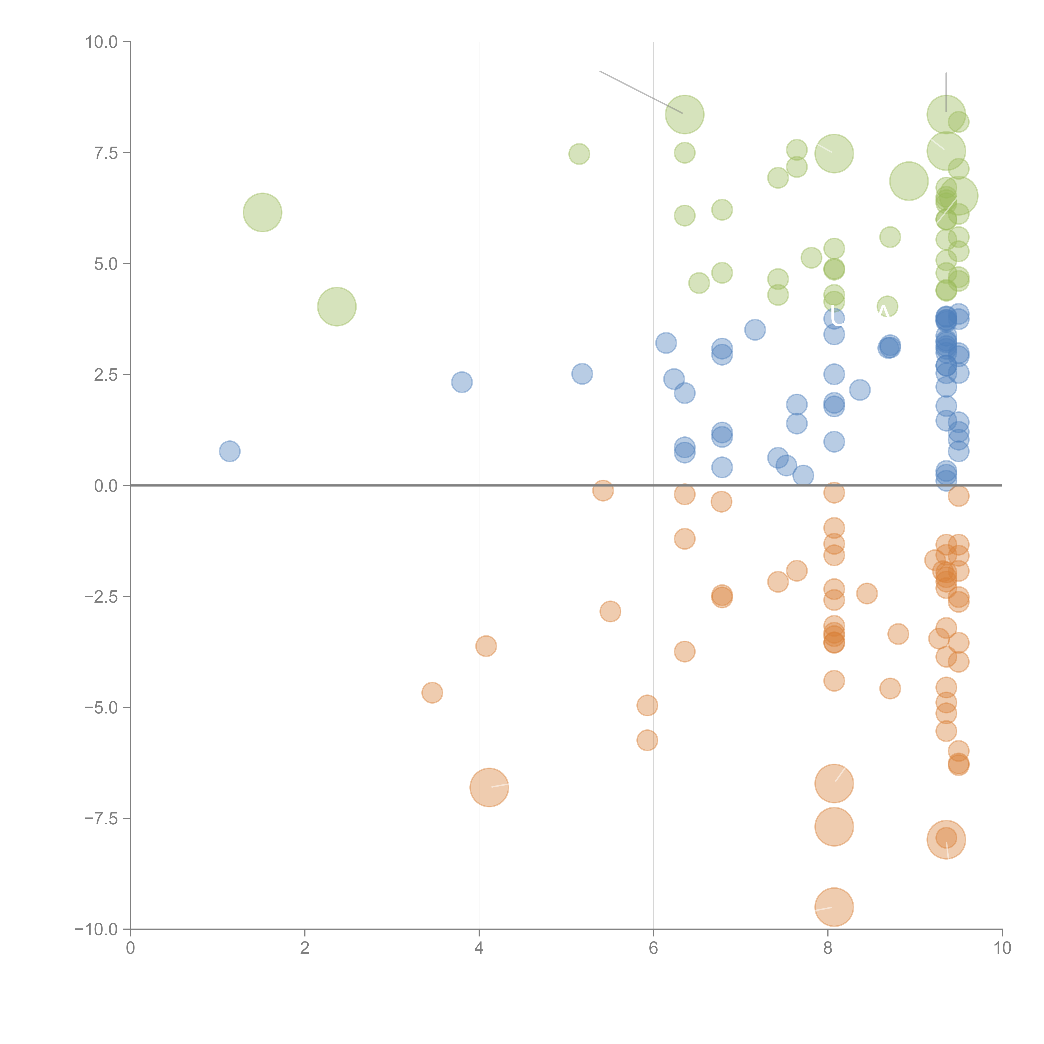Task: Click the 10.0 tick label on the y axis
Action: click(x=102, y=42)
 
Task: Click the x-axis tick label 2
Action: click(x=305, y=948)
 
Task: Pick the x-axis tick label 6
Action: click(x=653, y=948)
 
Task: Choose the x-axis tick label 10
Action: click(x=1002, y=948)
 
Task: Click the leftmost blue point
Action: click(x=230, y=451)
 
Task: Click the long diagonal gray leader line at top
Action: click(x=641, y=92)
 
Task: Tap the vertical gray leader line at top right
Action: click(x=946, y=92)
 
